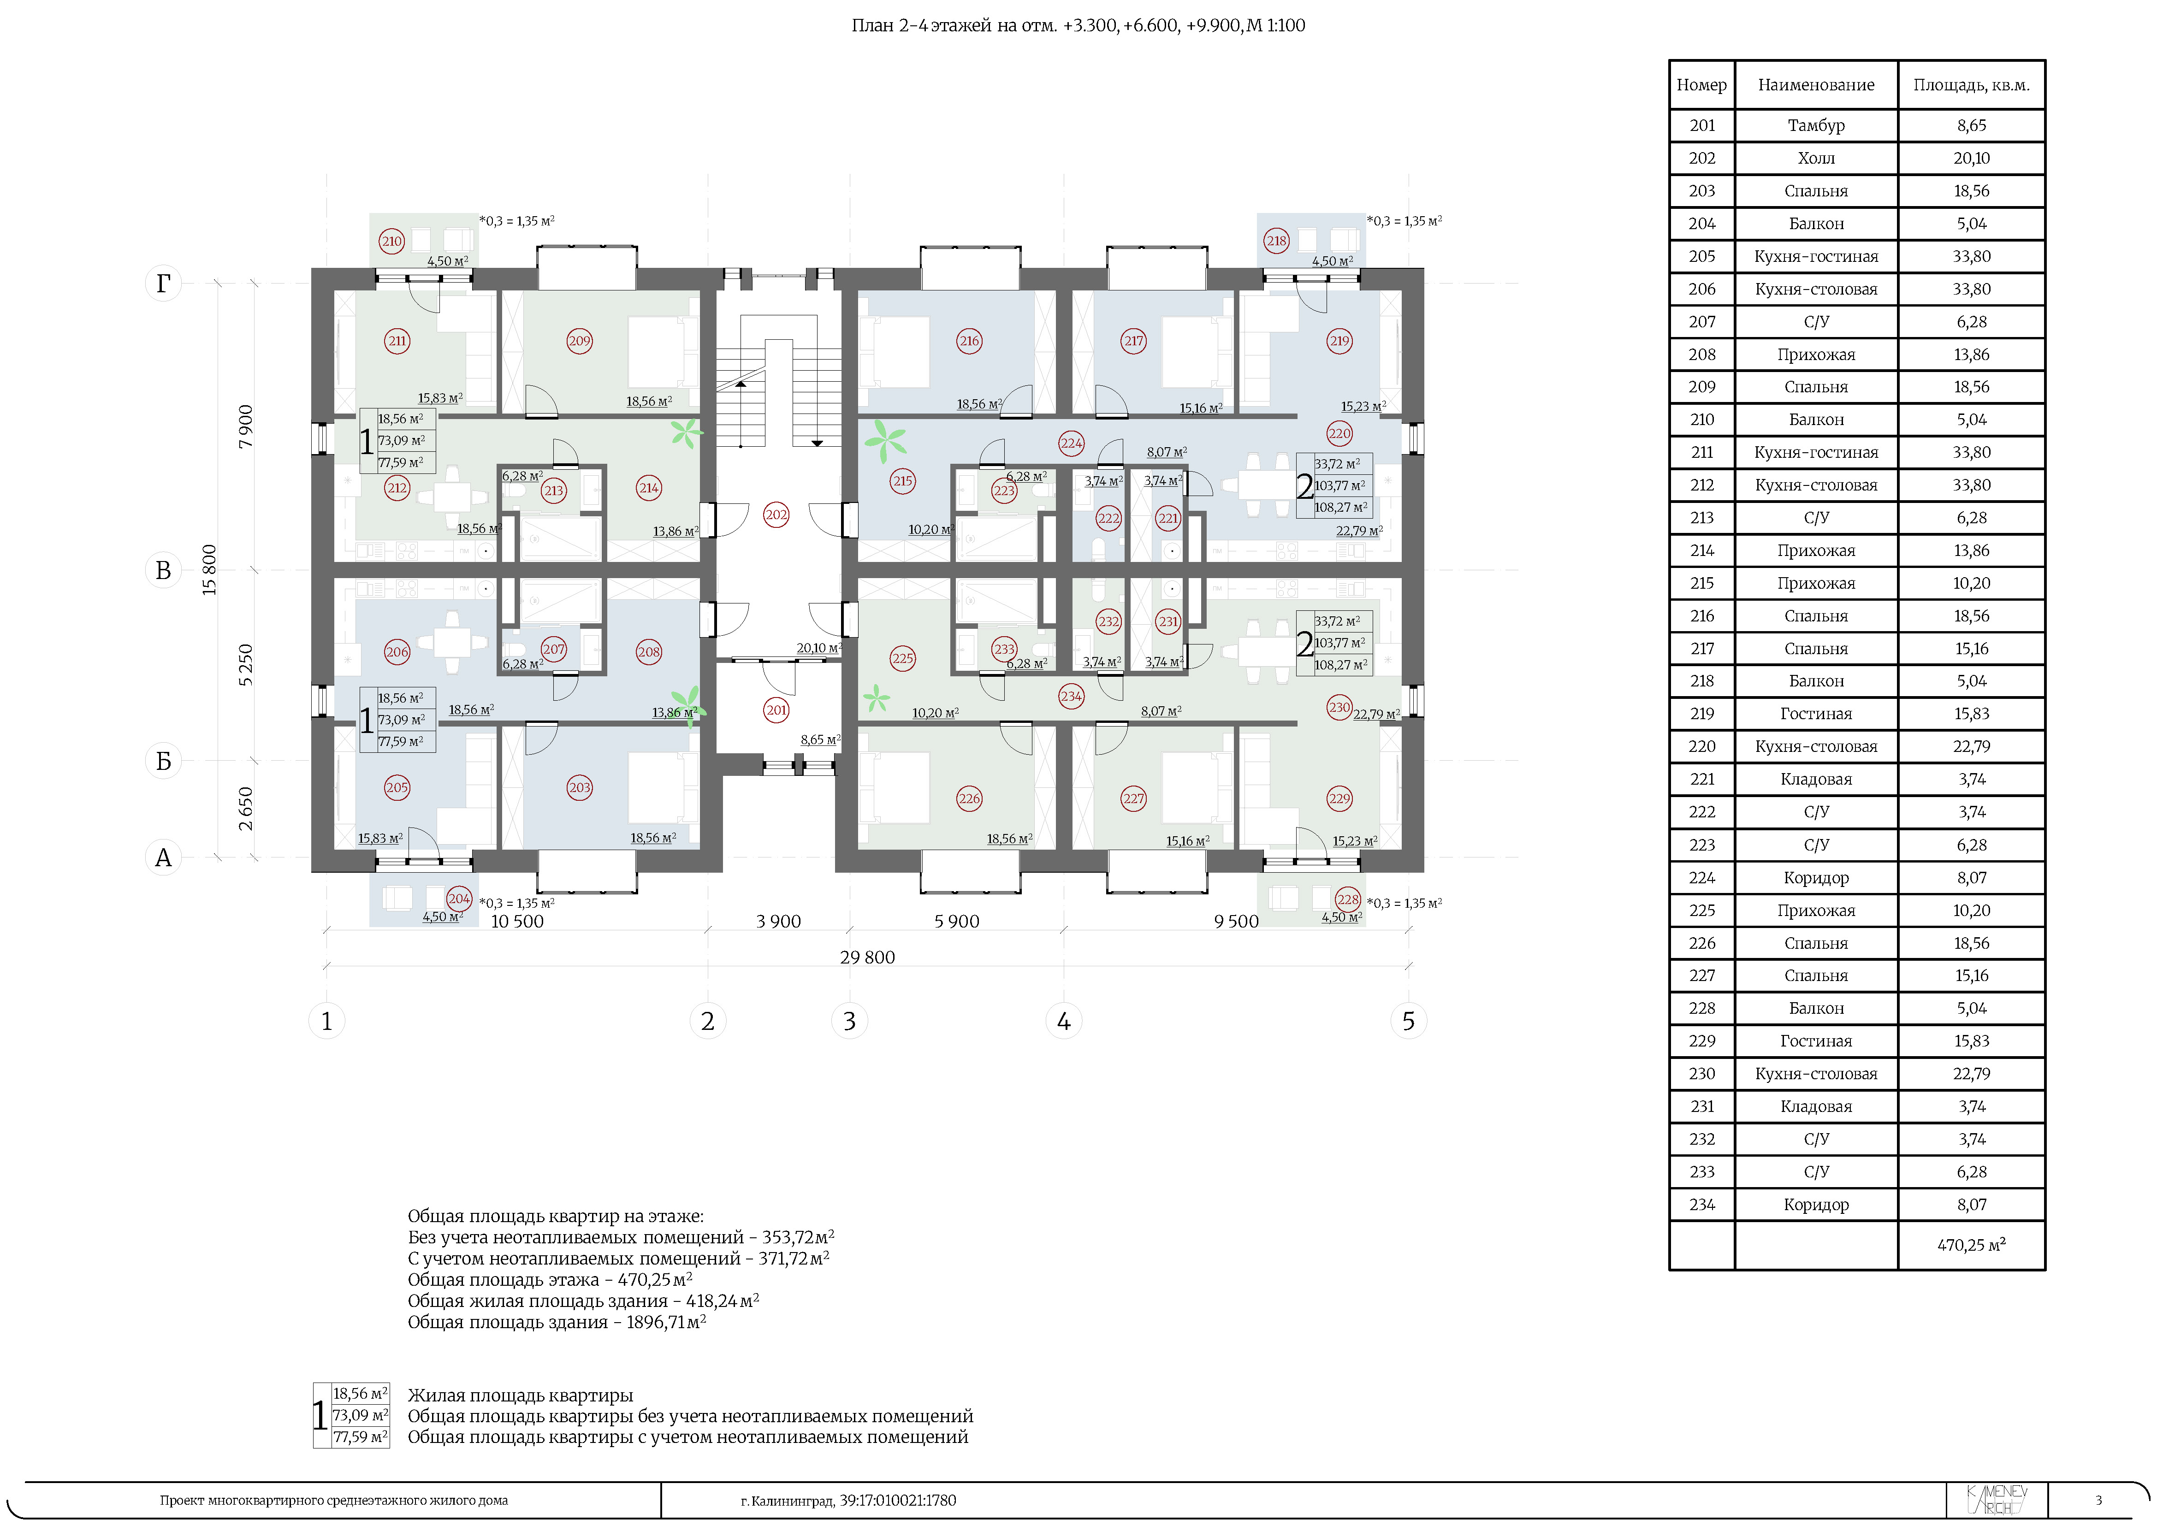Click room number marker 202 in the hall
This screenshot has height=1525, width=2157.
pyautogui.click(x=776, y=514)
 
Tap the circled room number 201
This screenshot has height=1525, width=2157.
pyautogui.click(x=776, y=710)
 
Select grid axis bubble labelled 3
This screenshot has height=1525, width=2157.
pyautogui.click(x=849, y=1021)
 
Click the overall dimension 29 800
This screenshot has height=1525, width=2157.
pyautogui.click(x=867, y=957)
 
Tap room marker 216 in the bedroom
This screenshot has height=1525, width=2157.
pyautogui.click(x=969, y=341)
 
